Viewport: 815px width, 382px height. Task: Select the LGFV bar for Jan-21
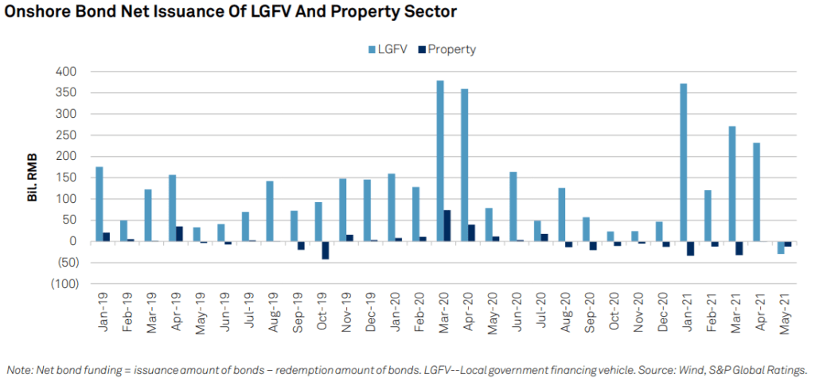[x=684, y=162]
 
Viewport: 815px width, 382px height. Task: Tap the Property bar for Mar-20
[x=447, y=225]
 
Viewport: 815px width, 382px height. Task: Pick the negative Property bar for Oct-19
[x=326, y=250]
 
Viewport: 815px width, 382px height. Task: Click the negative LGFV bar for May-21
[x=781, y=248]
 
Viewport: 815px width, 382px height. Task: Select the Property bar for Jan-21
[x=691, y=248]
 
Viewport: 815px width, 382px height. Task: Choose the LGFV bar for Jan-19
[x=99, y=204]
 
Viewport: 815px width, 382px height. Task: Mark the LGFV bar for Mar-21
[x=732, y=184]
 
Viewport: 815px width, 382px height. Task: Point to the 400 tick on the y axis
[x=66, y=72]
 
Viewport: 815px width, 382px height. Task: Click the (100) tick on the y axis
[x=64, y=283]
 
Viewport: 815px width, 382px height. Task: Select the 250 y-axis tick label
[x=66, y=135]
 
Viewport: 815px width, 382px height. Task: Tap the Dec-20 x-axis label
[x=661, y=318]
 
